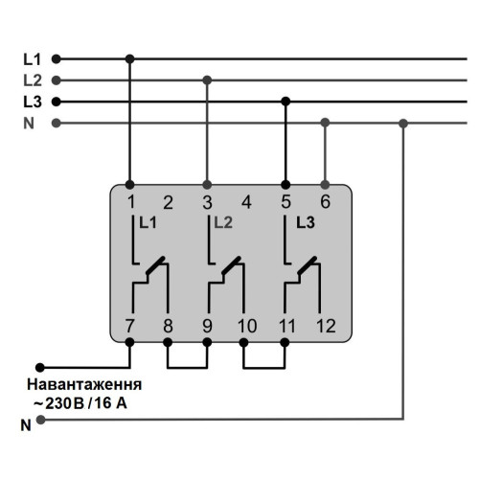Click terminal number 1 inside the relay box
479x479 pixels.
click(131, 202)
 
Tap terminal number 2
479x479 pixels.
click(169, 202)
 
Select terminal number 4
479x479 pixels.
click(246, 202)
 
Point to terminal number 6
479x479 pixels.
click(325, 202)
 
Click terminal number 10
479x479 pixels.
click(247, 326)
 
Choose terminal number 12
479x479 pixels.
click(327, 326)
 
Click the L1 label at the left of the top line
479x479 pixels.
click(33, 59)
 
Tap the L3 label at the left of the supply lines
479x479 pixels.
click(33, 102)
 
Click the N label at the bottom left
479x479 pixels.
click(26, 425)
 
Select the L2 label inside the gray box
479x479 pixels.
click(223, 222)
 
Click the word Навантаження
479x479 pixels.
click(84, 384)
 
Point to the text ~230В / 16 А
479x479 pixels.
click(80, 403)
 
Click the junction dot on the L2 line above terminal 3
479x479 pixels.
click(207, 80)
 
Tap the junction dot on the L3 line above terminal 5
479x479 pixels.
click(285, 102)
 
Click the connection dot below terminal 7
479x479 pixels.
click(129, 342)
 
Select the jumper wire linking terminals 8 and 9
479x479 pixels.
click(188, 368)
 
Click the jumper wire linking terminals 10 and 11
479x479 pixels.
click(264, 368)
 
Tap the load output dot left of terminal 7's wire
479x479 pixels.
click(40, 368)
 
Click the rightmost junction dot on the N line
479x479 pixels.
click(403, 123)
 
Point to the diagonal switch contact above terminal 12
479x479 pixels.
click(308, 265)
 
